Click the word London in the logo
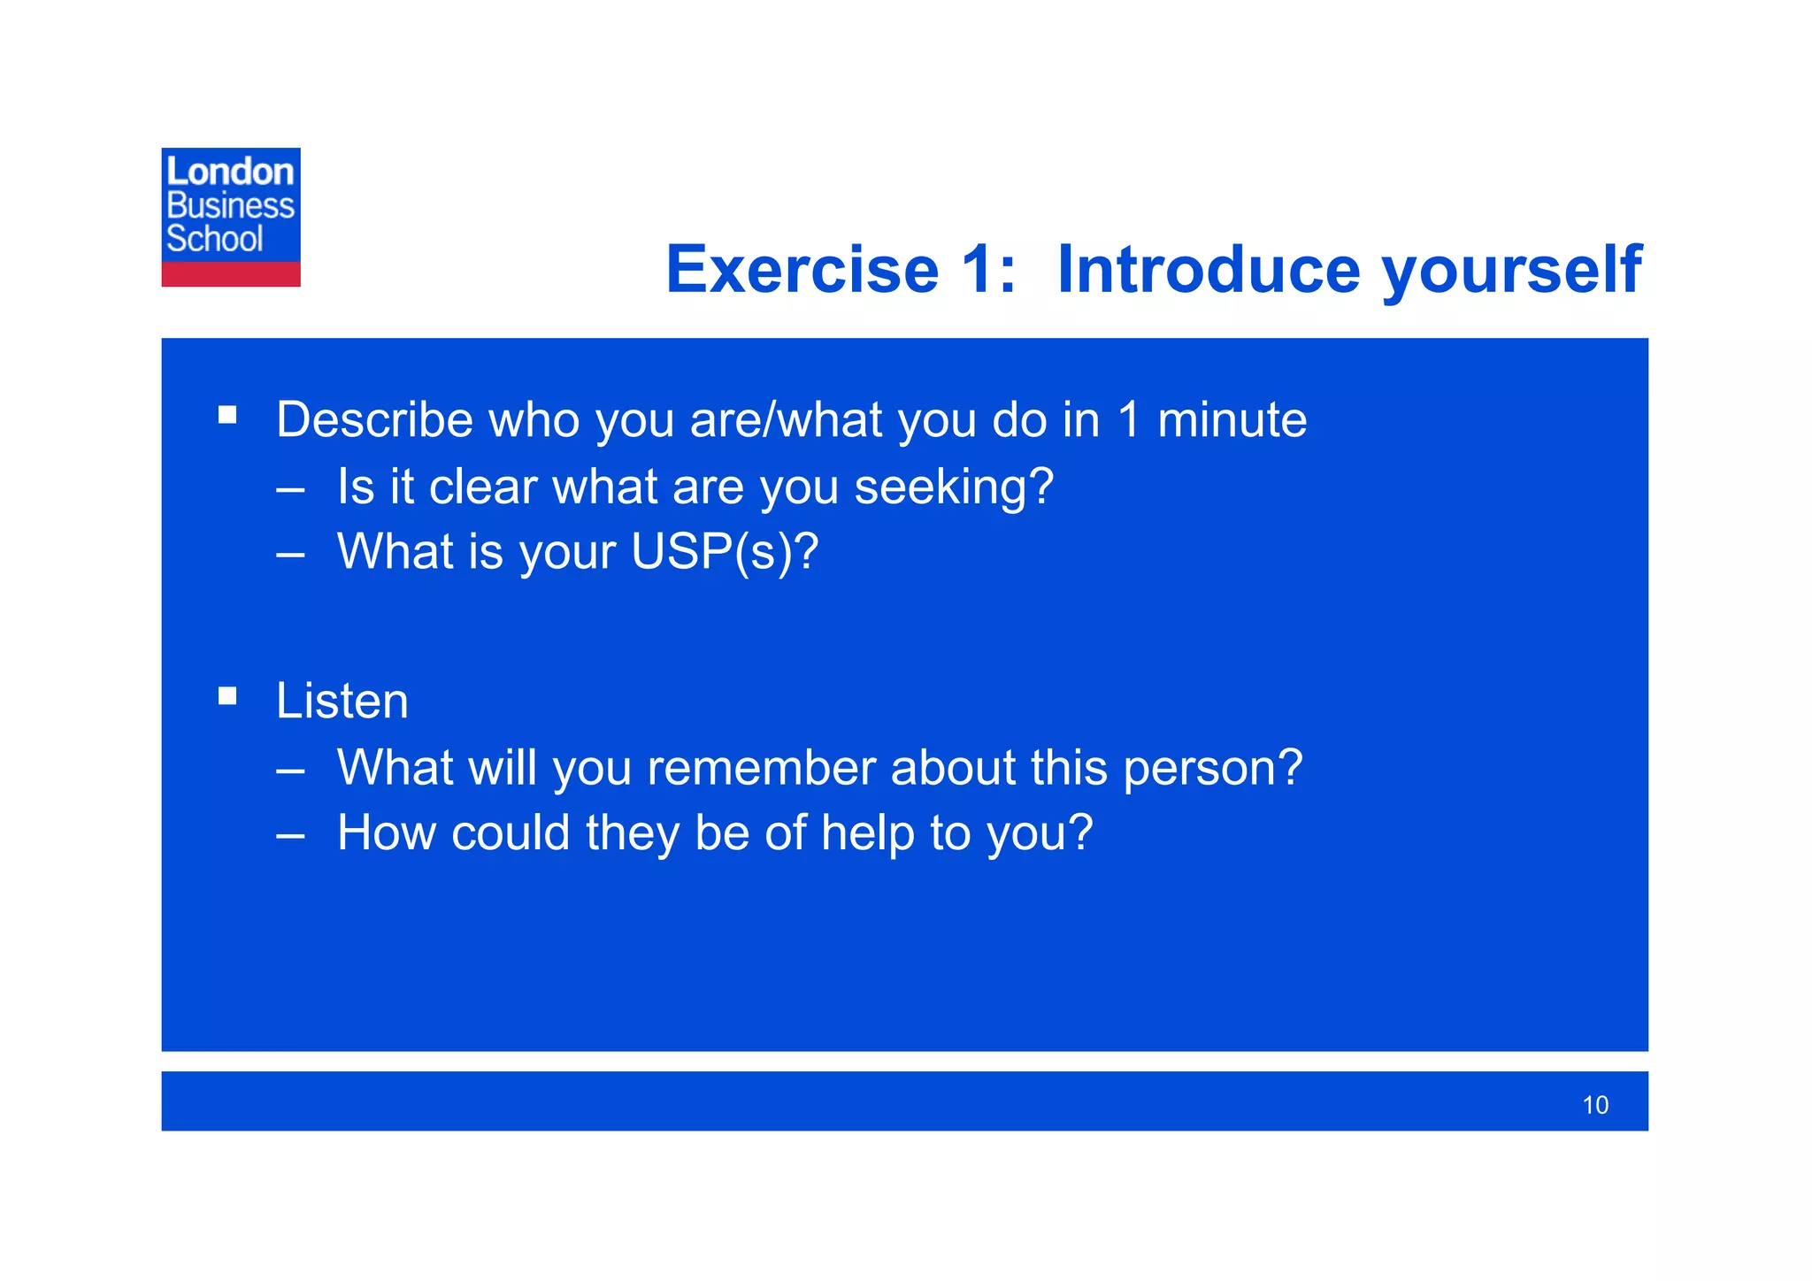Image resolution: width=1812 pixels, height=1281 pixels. (229, 172)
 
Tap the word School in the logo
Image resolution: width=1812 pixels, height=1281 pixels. (214, 239)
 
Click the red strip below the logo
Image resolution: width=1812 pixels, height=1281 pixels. (230, 274)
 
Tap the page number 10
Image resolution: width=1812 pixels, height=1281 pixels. (1594, 1106)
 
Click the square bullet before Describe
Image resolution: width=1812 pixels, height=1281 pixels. (227, 415)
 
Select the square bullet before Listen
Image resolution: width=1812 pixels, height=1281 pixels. (227, 696)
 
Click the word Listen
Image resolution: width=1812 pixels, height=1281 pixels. (342, 702)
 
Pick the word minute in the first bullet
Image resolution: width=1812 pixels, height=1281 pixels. (1232, 419)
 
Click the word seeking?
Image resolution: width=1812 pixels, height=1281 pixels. (953, 487)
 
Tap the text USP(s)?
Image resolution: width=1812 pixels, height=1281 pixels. (725, 552)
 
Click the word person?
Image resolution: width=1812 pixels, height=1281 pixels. (1212, 768)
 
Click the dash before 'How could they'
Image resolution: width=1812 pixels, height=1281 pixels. (290, 835)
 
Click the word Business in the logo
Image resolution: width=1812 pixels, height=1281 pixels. (230, 205)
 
